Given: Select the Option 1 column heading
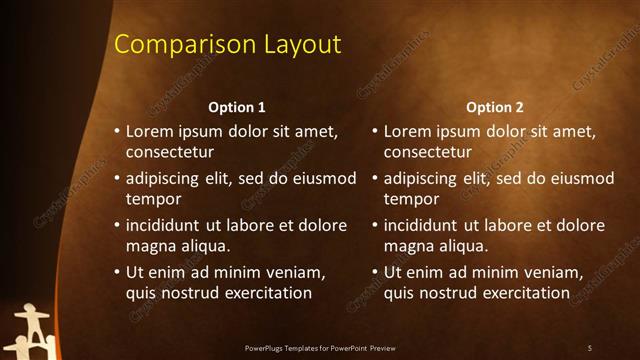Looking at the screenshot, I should (237, 107).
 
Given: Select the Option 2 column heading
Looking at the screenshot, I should (495, 107).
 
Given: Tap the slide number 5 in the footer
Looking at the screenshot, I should (590, 347).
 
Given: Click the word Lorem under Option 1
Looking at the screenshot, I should (151, 132).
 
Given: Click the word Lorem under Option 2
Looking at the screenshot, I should (409, 132).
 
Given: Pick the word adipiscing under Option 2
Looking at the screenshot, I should (424, 179).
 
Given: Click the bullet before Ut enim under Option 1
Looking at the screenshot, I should (116, 273).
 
